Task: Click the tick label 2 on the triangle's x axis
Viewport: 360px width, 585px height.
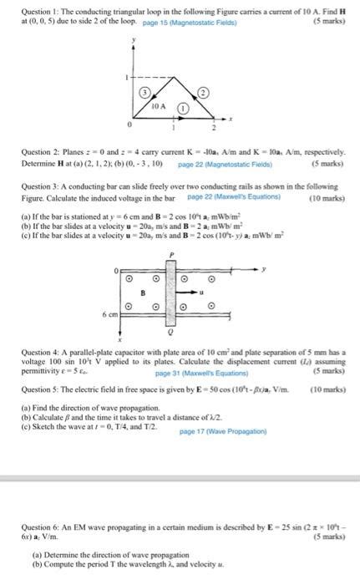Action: (x=214, y=129)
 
